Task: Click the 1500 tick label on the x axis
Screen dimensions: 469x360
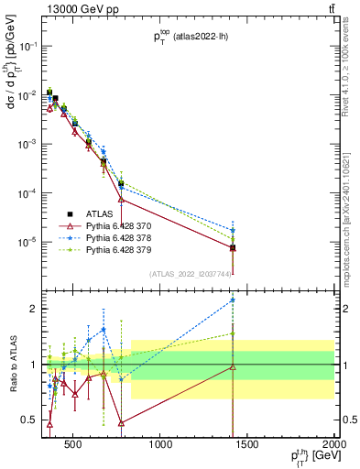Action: click(x=247, y=448)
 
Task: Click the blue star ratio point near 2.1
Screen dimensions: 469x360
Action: click(x=233, y=300)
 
